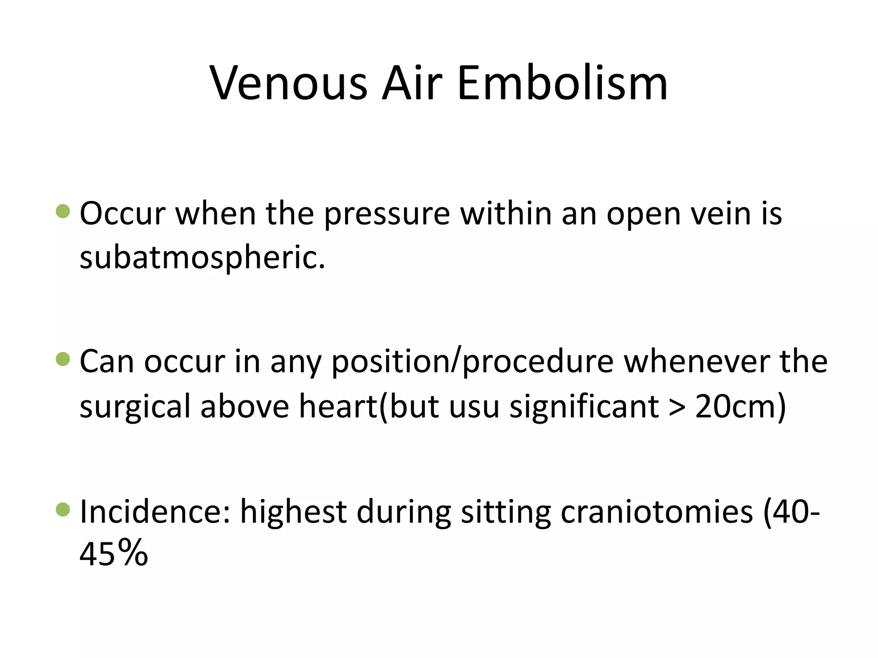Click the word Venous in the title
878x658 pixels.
point(288,83)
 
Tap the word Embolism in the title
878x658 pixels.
point(562,83)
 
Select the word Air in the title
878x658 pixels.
point(412,83)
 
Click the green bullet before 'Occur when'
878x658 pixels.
point(63,211)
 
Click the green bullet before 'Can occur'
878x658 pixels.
point(63,359)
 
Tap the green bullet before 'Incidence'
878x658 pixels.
point(63,509)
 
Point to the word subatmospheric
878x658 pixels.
point(202,258)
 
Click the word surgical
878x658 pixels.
point(135,407)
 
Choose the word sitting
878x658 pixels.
point(505,512)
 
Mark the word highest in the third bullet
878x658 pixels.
point(293,512)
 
